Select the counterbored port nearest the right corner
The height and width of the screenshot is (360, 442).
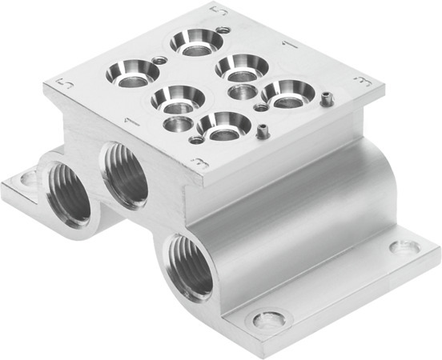[x=285, y=92]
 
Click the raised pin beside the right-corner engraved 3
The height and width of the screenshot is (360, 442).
[x=327, y=98]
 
